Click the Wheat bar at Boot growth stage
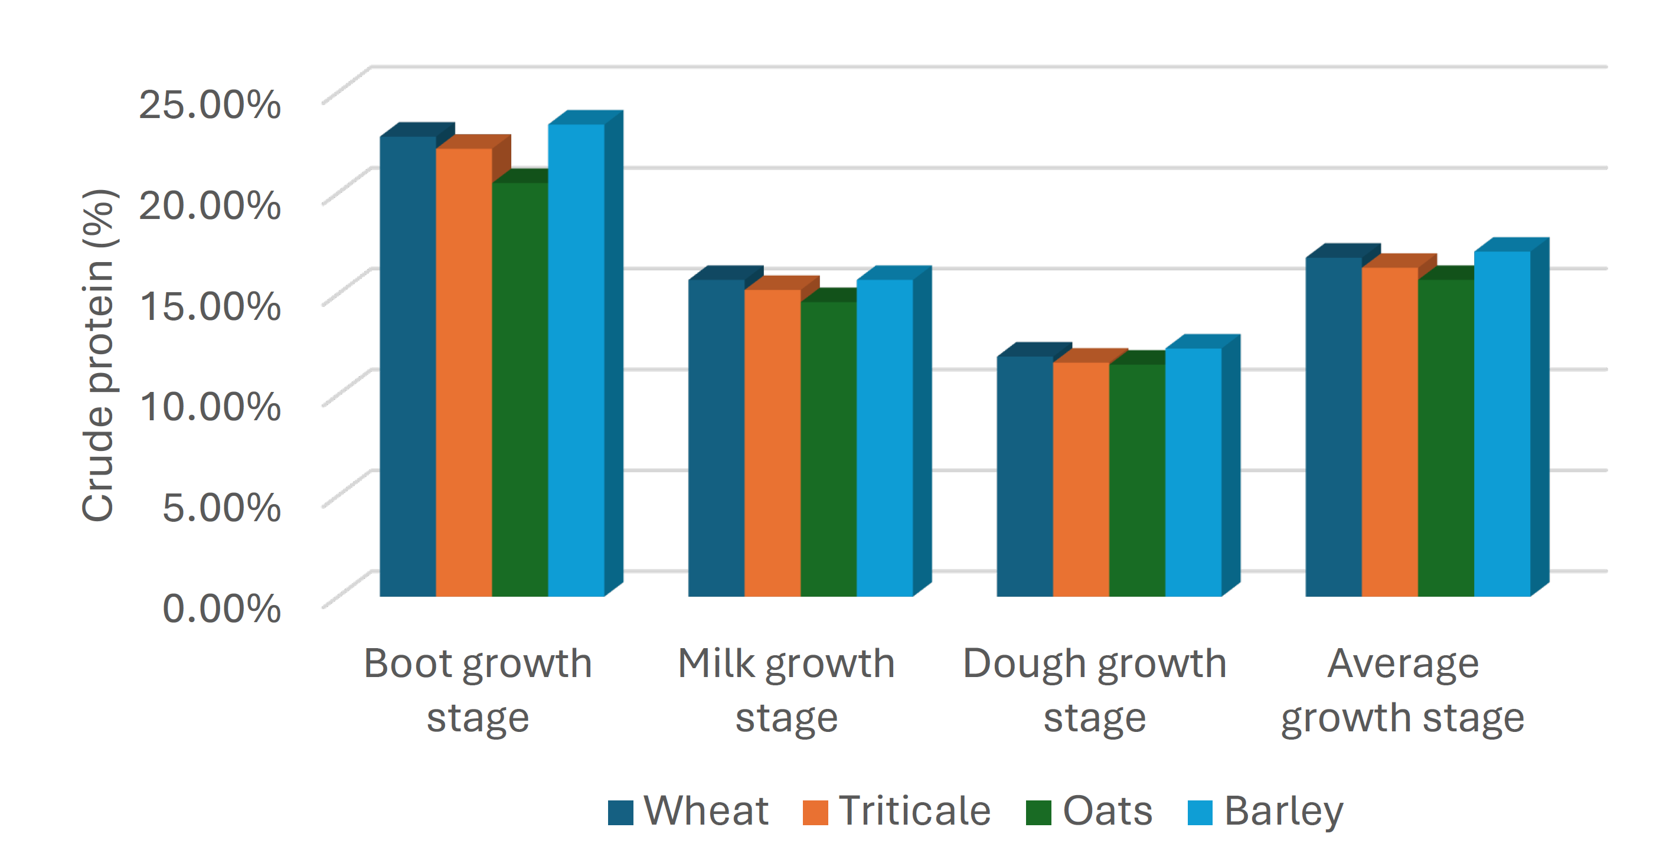[x=407, y=365]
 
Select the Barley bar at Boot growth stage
[x=576, y=359]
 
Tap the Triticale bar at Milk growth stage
[x=772, y=443]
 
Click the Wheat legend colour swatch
[x=620, y=812]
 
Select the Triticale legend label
[x=914, y=811]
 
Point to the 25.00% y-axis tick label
[x=210, y=104]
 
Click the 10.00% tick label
[x=210, y=407]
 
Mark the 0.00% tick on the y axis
[x=221, y=608]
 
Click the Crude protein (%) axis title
[x=98, y=356]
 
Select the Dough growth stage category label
[x=1094, y=689]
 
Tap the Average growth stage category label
[x=1402, y=689]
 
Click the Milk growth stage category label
[x=786, y=689]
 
